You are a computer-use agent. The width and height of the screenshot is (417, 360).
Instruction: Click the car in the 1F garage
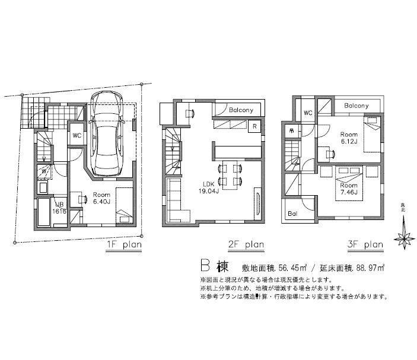point(107,133)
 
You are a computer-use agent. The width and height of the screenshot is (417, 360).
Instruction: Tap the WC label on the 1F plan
point(77,135)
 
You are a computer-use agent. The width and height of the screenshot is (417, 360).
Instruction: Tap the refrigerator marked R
point(254,126)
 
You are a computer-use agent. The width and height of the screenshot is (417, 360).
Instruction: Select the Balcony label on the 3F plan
point(356,106)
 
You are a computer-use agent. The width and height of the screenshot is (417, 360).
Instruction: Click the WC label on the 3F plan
point(308,113)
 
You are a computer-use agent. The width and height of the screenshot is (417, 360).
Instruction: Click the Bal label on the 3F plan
point(292,214)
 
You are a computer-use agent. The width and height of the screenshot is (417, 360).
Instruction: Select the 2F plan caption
point(245,244)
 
